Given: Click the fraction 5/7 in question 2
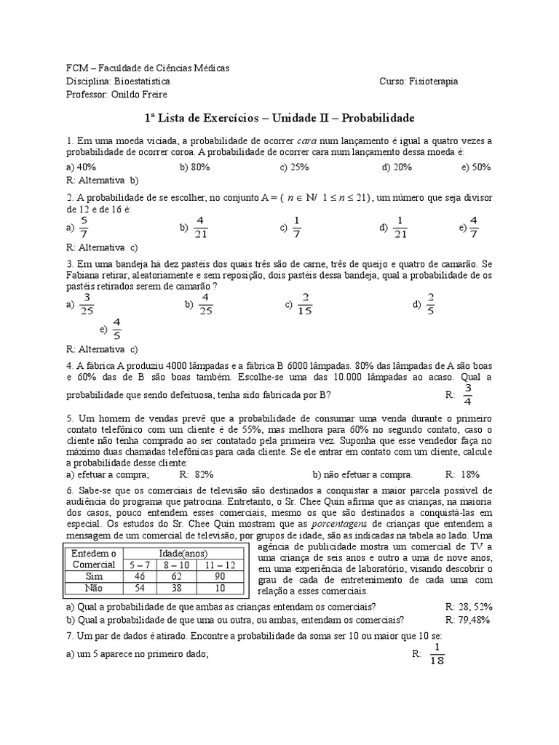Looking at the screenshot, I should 84,228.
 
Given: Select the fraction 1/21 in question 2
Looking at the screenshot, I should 399,228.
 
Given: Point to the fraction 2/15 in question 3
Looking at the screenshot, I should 305,304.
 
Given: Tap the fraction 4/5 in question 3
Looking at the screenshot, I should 116,329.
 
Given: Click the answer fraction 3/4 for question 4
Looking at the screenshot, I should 467,394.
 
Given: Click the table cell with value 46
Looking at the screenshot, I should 140,575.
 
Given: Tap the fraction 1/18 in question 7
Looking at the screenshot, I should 437,653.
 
